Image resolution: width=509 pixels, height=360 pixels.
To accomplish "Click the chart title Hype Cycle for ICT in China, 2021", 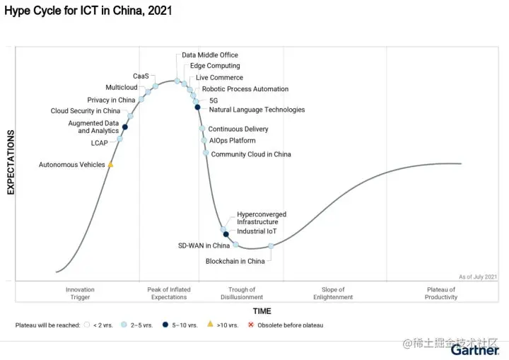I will point(88,11).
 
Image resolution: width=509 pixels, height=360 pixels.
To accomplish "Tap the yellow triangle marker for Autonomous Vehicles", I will point(111,165).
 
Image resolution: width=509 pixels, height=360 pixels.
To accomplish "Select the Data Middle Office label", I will point(210,55).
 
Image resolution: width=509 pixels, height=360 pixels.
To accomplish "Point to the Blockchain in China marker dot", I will point(271,246).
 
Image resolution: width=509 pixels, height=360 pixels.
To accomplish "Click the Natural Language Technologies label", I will point(257,110).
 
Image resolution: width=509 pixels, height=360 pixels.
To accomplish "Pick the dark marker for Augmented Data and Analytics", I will point(125,127).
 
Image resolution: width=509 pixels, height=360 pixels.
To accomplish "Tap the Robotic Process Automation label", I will point(245,89).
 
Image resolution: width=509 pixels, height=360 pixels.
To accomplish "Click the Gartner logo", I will point(474,350).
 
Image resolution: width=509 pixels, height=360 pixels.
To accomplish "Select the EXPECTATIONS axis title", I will point(11,162).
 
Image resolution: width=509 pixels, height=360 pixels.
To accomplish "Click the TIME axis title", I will point(262,311).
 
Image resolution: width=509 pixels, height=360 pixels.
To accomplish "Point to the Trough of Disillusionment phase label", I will point(242,294).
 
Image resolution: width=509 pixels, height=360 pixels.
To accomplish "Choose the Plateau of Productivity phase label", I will point(442,294).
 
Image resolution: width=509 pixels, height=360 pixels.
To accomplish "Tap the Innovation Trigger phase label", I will point(80,294).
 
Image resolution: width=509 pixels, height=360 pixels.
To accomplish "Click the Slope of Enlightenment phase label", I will point(333,294).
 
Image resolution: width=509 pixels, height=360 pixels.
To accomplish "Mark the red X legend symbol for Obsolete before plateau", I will point(250,325).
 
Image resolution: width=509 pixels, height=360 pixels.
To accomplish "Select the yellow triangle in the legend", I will point(209,325).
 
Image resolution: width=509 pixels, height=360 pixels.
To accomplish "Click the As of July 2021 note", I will point(478,277).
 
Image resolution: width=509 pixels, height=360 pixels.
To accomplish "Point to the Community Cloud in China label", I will point(251,154).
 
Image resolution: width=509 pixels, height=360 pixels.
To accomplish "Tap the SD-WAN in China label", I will point(204,246).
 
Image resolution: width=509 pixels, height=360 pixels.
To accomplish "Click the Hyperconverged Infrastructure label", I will point(262,218).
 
